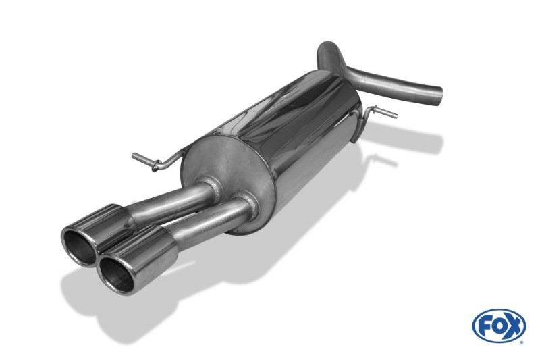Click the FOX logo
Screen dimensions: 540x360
coord(499,325)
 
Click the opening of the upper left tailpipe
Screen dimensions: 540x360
coord(79,247)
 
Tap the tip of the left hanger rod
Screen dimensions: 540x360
coord(133,156)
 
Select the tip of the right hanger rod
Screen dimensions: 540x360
coord(396,115)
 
